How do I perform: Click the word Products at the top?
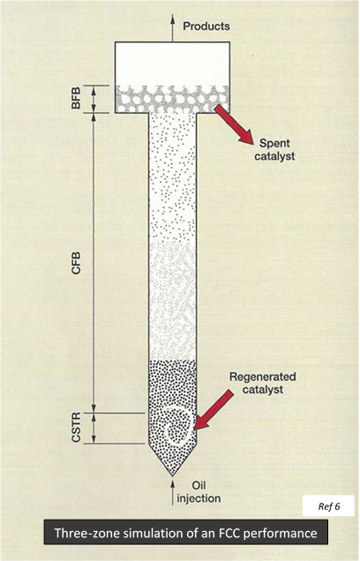(206, 26)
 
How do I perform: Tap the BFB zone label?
(76, 98)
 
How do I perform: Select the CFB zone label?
(76, 263)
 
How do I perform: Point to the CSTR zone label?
(76, 427)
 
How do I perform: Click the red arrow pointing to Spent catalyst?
(234, 124)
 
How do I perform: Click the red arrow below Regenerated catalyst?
(214, 409)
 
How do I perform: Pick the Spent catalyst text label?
(274, 150)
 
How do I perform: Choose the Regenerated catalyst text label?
(263, 383)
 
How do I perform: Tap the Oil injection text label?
(199, 492)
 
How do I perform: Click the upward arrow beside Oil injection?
(172, 493)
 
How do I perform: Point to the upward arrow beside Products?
(172, 28)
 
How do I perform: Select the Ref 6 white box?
(328, 506)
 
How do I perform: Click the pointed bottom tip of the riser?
(172, 476)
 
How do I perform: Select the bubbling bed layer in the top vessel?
(172, 99)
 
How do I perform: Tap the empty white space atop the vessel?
(172, 64)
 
